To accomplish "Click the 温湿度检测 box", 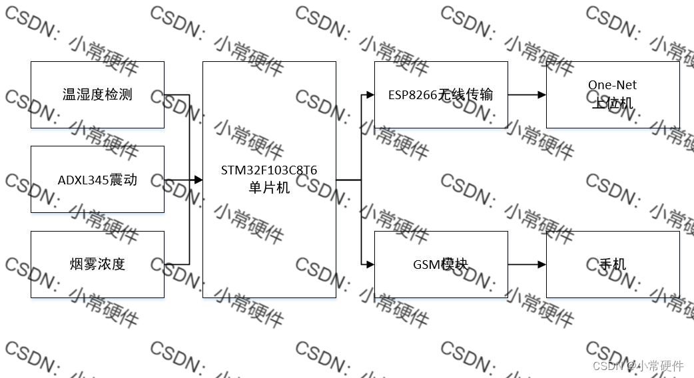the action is pos(97,94).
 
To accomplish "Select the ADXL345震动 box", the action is pos(97,179).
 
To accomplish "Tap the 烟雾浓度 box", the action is pos(97,264).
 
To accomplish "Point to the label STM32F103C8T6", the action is pos(269,170).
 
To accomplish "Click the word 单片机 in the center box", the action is pos(269,188).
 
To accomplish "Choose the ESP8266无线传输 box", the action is pos(441,94).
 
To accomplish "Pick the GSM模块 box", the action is pos(441,264).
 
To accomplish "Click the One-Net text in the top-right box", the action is pos(612,85).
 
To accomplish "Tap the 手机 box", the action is pos(613,264).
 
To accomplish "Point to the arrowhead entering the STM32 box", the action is pos(198,179).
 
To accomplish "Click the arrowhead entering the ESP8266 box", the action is pos(370,94).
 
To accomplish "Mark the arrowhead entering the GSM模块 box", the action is pos(370,264).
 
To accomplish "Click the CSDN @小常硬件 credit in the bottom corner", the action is pos(638,365).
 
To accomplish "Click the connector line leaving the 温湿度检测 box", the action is pos(177,94).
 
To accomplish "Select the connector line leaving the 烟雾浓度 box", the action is pos(177,264).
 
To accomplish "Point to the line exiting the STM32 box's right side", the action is pos(348,179).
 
